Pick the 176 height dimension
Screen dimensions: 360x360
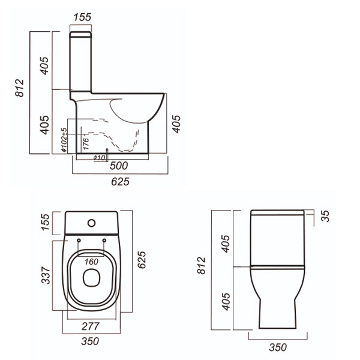coord(86,143)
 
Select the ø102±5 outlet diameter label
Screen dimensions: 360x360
coord(64,140)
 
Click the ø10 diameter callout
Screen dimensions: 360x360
coord(100,158)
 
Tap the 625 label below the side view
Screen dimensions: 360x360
coord(121,182)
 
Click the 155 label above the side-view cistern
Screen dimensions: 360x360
coord(82,17)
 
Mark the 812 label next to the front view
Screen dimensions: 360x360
coord(202,266)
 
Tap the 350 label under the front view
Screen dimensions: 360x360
coord(277,347)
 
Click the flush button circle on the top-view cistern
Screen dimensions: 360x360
coord(91,223)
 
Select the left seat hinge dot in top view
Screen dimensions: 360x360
coord(79,241)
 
